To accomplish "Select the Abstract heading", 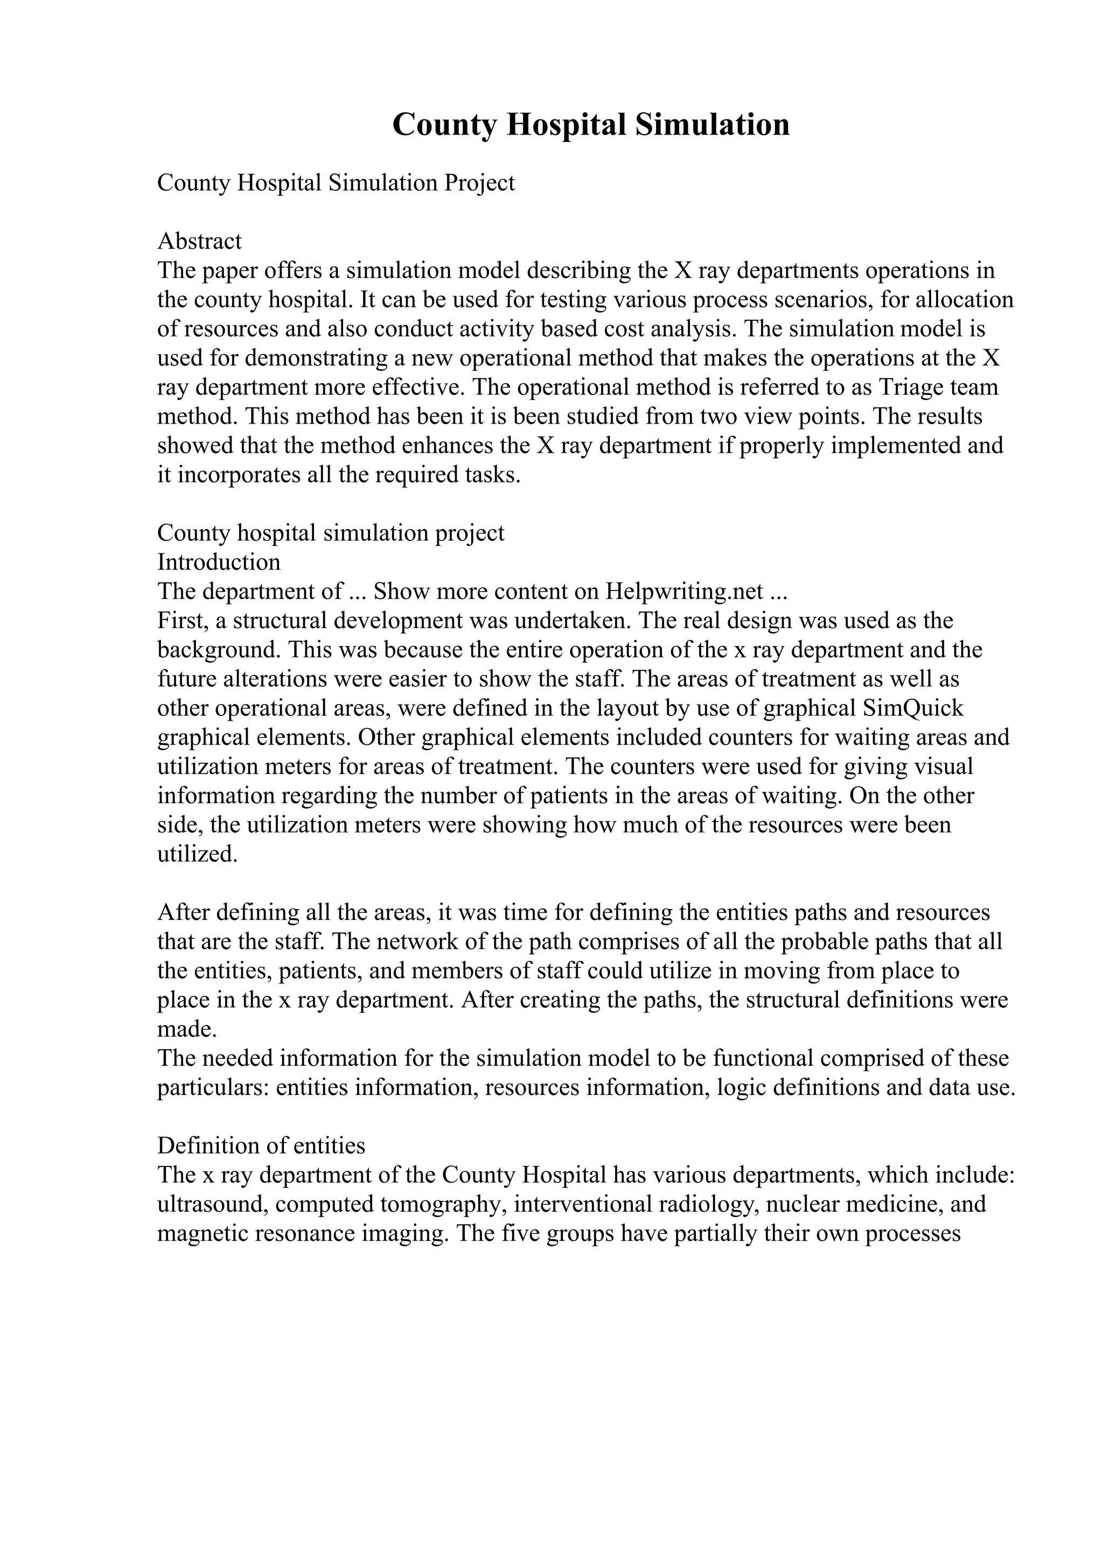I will pyautogui.click(x=199, y=241).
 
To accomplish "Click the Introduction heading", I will pyautogui.click(x=218, y=562).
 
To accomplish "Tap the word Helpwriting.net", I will pyautogui.click(x=686, y=591).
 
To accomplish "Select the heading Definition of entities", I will pyautogui.click(x=261, y=1146).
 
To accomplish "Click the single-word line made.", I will pyautogui.click(x=187, y=1029).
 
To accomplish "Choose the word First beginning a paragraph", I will pyautogui.click(x=180, y=620).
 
